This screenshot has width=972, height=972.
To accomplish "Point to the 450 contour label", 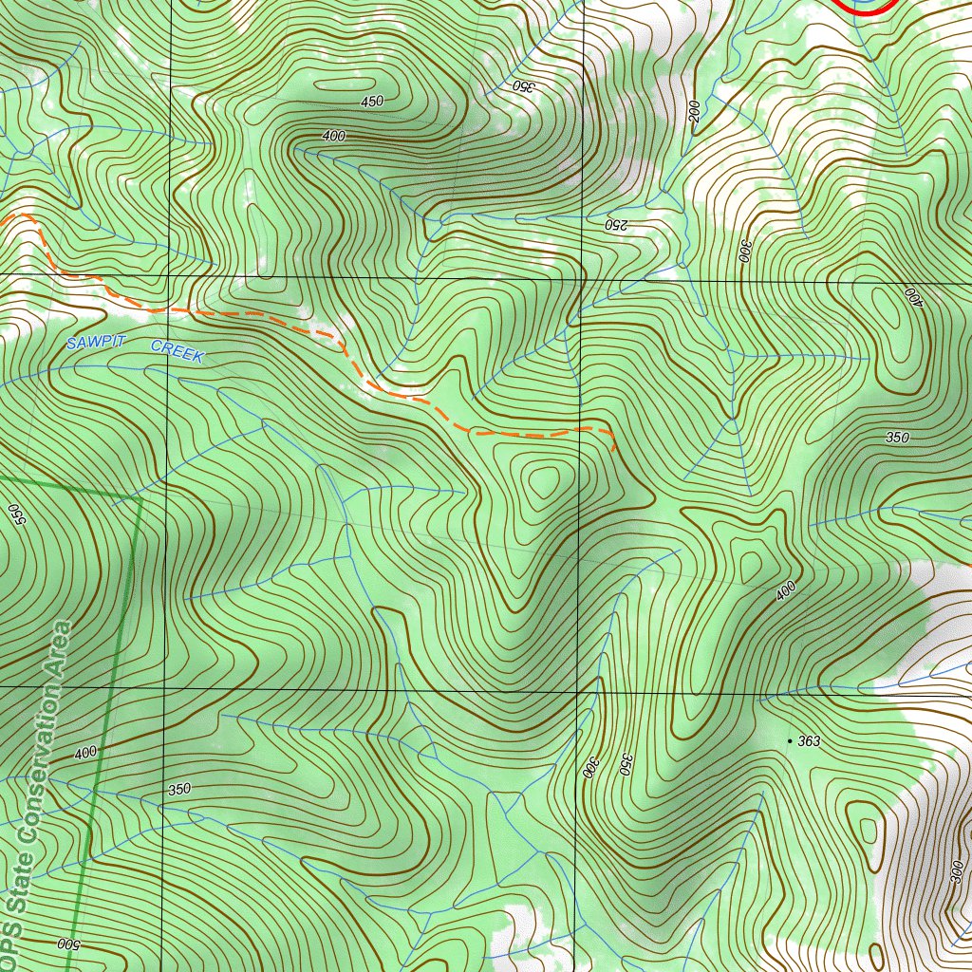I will coord(371,102).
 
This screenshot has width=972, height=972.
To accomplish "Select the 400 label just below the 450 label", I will coord(333,136).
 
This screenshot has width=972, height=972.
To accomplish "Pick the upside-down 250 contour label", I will coord(615,225).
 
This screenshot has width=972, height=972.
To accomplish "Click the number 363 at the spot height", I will coord(809,740).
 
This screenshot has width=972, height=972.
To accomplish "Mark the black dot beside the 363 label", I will coord(790,739).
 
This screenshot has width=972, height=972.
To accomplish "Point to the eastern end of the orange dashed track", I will coord(614,447).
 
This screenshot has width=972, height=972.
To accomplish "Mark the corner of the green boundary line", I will coord(140,496).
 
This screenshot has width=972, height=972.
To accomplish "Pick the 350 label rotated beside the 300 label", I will coord(626,764).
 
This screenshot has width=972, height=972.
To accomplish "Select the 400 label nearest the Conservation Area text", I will coord(85,753).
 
